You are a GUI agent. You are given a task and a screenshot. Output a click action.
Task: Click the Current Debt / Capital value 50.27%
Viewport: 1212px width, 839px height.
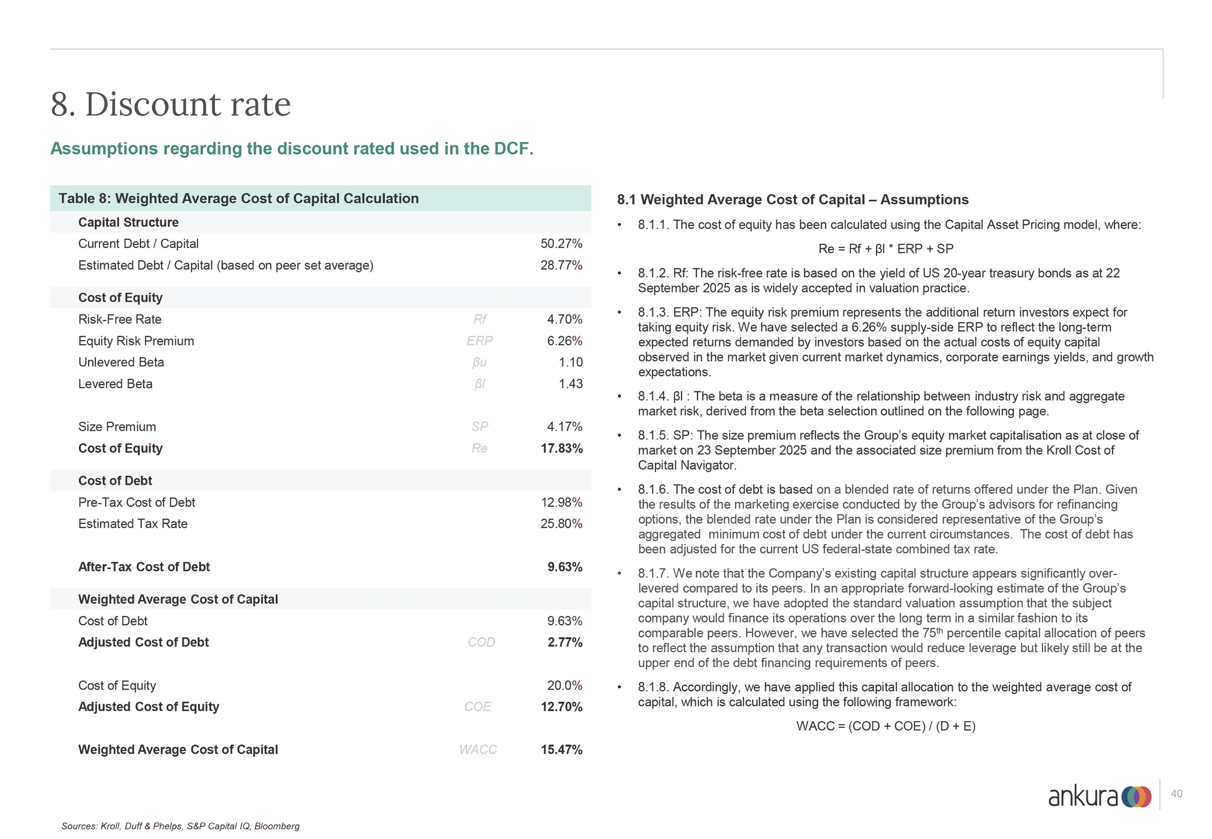point(561,244)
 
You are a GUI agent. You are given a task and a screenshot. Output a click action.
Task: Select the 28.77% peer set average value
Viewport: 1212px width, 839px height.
point(561,266)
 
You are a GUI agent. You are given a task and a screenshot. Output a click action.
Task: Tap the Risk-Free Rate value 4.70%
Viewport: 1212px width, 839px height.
point(564,320)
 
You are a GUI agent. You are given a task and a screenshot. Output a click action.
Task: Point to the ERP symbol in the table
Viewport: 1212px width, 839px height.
point(479,341)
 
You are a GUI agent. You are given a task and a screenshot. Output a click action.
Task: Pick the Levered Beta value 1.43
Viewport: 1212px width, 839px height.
point(570,384)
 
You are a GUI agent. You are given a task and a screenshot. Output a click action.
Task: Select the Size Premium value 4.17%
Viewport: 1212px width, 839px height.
point(564,427)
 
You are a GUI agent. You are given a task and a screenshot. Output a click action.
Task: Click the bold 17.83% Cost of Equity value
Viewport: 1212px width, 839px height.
point(561,448)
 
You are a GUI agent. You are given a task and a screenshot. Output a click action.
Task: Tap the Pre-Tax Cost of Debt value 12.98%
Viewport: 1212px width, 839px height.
point(561,502)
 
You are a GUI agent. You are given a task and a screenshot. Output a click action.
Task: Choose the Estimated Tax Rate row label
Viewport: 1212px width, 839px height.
point(132,524)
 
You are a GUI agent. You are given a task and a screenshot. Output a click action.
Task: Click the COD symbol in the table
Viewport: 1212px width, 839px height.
point(481,642)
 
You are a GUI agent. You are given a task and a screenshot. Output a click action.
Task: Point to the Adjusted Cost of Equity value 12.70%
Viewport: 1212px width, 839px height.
point(561,707)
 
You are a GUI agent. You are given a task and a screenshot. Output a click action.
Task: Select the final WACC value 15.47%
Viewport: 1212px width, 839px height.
point(561,750)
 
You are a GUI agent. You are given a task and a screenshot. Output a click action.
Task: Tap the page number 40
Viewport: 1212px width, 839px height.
point(1176,794)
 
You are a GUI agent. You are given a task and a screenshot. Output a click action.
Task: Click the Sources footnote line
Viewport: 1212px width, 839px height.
point(180,826)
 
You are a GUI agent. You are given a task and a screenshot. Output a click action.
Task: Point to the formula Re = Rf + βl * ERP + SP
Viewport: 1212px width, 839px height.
point(886,249)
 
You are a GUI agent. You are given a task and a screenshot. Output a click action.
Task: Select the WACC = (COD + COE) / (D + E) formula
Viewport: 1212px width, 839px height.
point(886,726)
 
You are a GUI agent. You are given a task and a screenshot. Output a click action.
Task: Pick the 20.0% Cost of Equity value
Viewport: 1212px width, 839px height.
point(564,686)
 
